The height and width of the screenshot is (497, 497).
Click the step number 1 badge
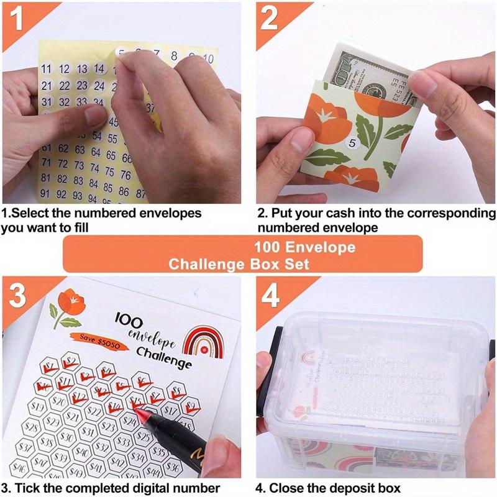18,19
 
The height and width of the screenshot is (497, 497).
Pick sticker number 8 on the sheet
174,57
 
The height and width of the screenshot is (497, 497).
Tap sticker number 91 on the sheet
45,193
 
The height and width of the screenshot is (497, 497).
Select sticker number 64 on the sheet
95,152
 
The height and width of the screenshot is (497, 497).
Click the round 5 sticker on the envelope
352,144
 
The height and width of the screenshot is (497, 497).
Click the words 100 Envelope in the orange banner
304,247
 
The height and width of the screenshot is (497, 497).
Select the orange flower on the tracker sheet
70,304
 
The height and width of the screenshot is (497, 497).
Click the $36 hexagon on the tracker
175,467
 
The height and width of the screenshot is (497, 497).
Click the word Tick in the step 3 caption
25,488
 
